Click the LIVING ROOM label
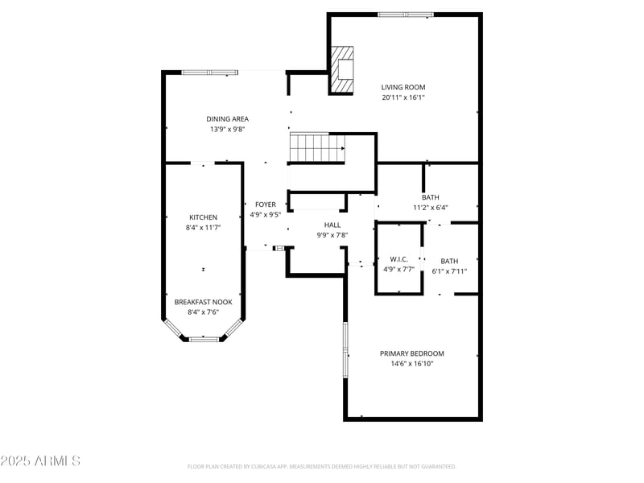point(403,87)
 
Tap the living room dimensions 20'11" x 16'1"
point(403,97)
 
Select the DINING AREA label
point(228,118)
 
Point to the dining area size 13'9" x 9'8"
point(228,129)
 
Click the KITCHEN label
point(203,217)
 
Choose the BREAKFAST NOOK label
point(203,302)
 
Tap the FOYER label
point(266,204)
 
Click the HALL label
point(332,225)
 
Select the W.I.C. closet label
point(399,259)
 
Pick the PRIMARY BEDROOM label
point(412,353)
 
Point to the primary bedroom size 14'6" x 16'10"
point(412,364)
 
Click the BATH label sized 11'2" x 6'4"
point(430,197)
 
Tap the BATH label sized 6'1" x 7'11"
point(449,261)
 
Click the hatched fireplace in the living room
point(344,70)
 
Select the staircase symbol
point(317,147)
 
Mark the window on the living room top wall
point(406,14)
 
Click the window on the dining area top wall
point(209,72)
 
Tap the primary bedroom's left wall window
point(345,351)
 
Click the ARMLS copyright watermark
point(40,461)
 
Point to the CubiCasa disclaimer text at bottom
point(322,466)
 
